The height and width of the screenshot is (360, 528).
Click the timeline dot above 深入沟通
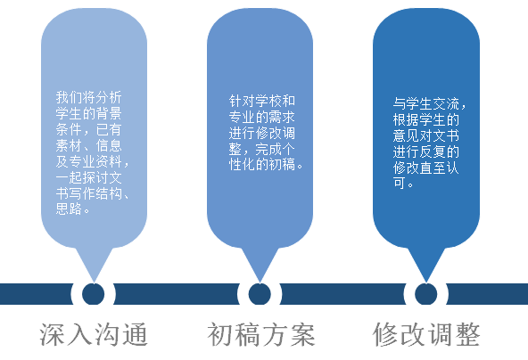94,294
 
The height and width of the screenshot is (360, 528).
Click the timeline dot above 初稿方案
260,294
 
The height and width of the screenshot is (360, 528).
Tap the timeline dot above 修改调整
426,294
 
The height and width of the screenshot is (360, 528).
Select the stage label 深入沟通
94,334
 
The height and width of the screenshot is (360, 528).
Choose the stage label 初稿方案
261,334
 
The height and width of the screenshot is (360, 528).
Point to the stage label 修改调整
426,334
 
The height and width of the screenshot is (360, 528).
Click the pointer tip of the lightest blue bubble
94,282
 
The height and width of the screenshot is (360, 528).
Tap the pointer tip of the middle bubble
260,282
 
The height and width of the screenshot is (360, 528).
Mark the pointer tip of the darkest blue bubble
426,282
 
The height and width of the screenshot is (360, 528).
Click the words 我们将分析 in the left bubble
88,97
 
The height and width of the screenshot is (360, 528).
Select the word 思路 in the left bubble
69,209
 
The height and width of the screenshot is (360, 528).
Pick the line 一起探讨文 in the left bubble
88,177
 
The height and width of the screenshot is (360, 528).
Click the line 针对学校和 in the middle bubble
262,101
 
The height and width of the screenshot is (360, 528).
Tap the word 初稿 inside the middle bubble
282,165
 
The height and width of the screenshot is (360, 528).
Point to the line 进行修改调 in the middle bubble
262,133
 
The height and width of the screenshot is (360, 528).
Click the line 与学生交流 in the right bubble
426,103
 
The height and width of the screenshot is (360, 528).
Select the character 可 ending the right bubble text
400,184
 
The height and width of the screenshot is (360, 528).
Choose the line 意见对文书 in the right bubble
426,135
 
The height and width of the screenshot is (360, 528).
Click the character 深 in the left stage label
53,334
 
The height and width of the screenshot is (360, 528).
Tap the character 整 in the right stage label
467,334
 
